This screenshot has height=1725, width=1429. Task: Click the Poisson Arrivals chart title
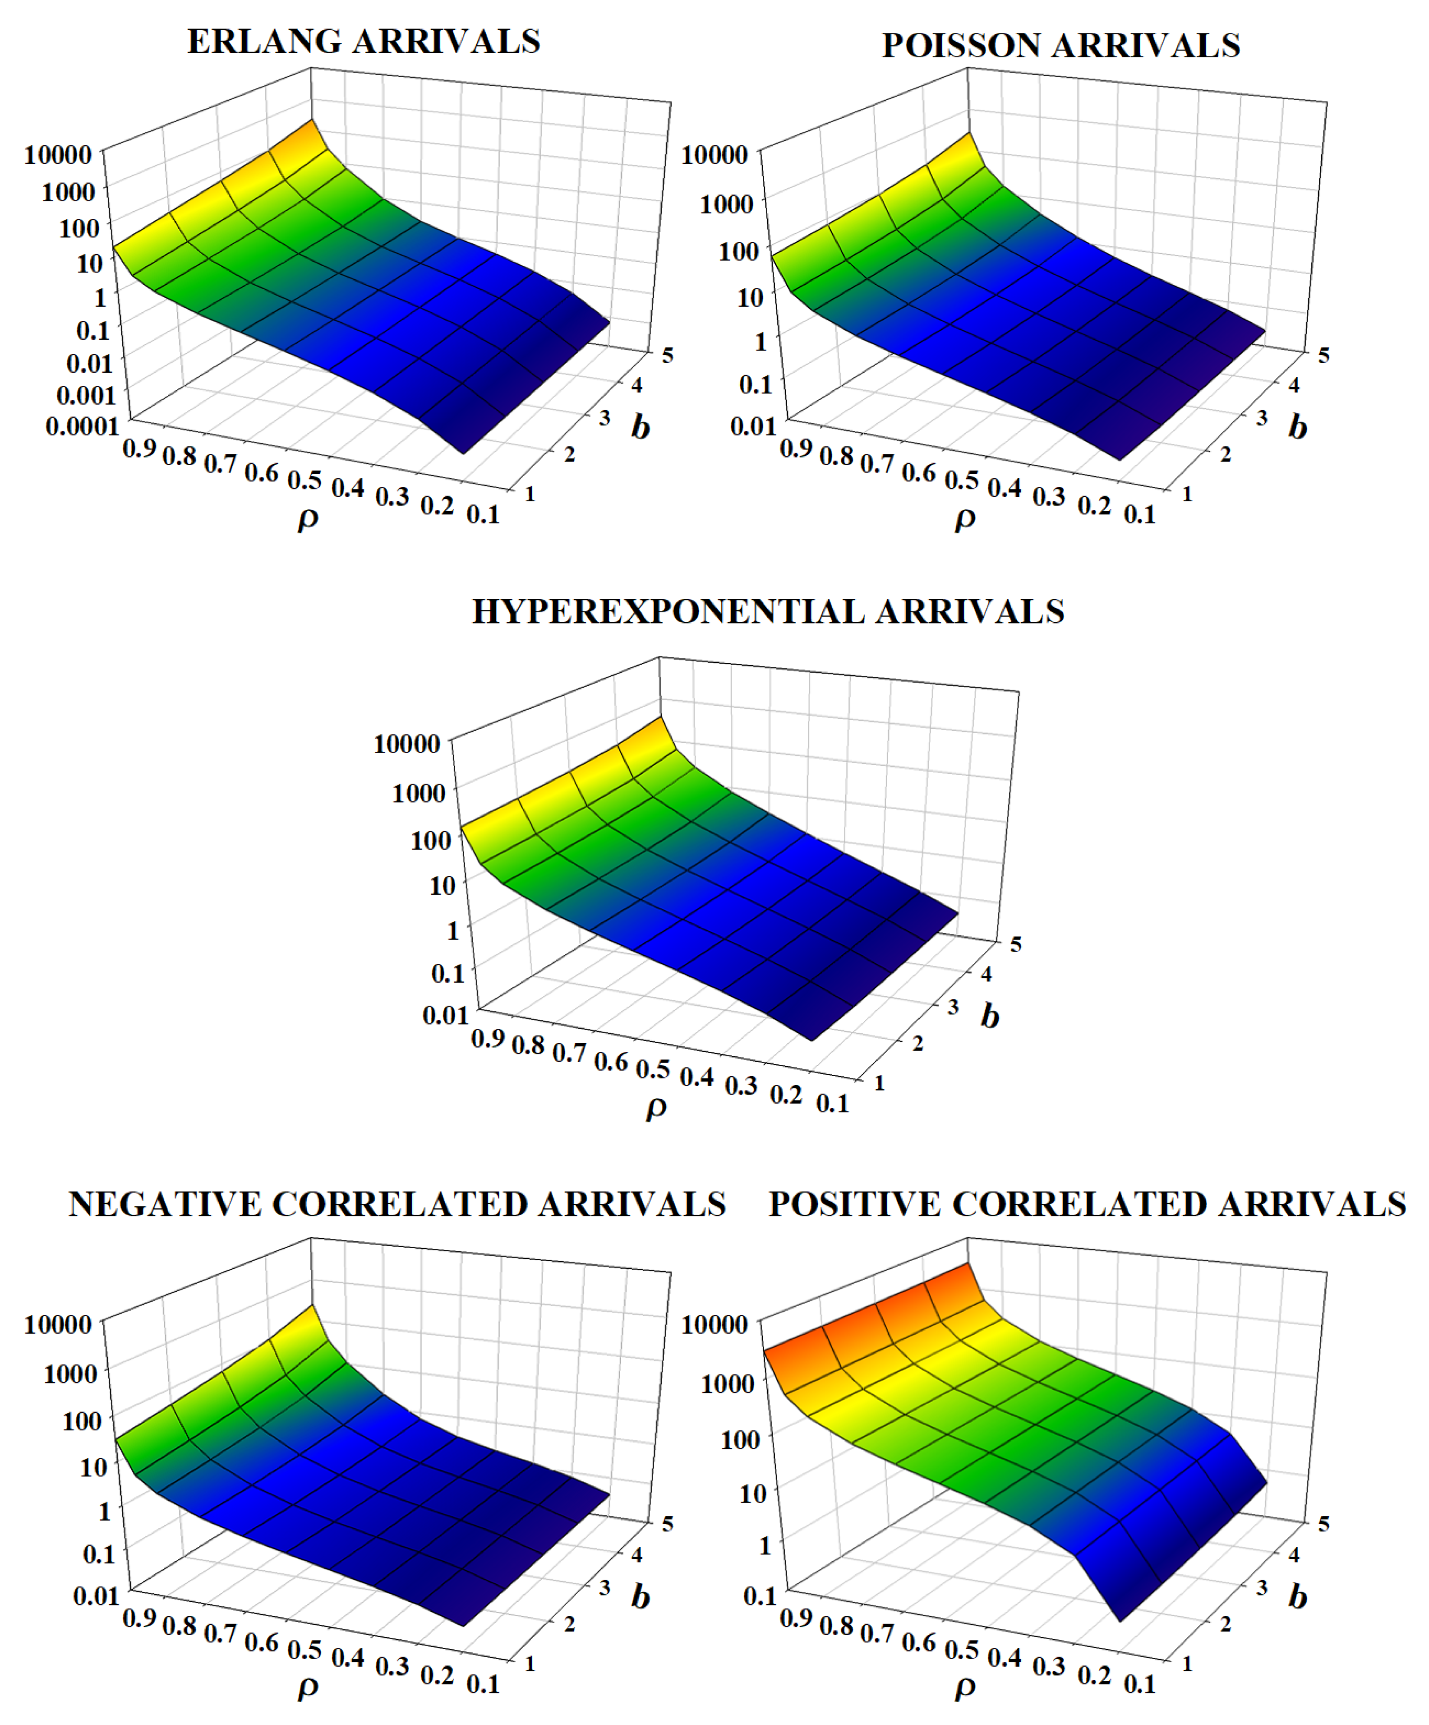pyautogui.click(x=1060, y=46)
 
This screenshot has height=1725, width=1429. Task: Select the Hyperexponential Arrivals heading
pyautogui.click(x=768, y=612)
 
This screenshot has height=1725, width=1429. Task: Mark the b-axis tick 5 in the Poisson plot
pyautogui.click(x=1323, y=355)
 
